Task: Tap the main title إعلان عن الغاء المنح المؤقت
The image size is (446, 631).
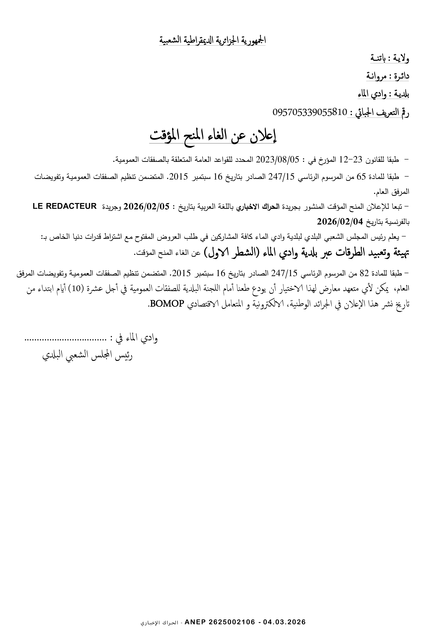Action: (213, 136)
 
